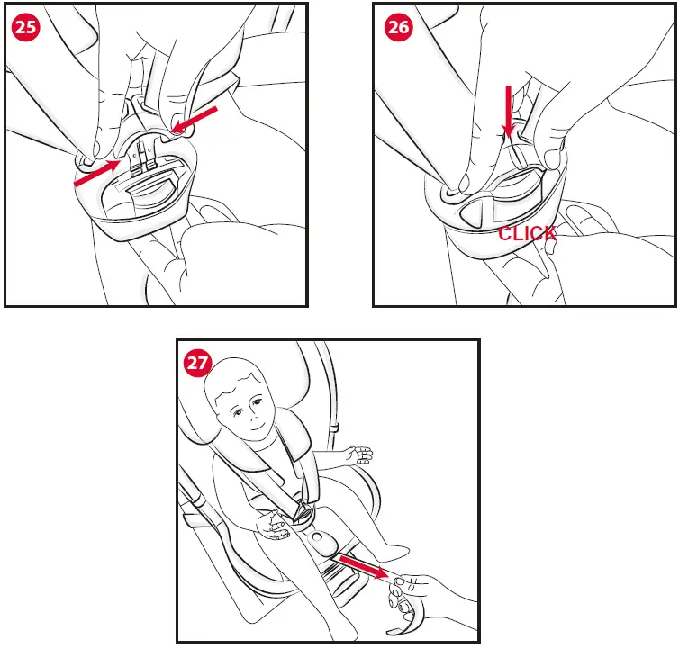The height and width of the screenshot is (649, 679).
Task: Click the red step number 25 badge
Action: point(25,27)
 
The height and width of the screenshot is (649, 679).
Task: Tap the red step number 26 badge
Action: point(398,27)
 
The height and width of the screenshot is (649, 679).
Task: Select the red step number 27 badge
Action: point(197,363)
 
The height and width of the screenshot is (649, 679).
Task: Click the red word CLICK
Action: point(527,234)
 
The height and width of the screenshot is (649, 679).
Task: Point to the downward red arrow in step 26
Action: point(509,111)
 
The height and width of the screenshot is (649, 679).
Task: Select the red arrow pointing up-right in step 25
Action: point(97,173)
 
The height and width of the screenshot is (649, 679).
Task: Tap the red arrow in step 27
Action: point(364,567)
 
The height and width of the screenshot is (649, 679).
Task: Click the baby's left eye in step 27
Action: point(258,401)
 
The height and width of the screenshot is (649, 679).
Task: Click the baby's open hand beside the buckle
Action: point(273,525)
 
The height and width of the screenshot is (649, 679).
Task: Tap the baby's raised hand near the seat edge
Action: point(358,455)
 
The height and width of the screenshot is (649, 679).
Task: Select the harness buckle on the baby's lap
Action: point(304,511)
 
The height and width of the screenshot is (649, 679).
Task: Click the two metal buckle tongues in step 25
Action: point(144,157)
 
